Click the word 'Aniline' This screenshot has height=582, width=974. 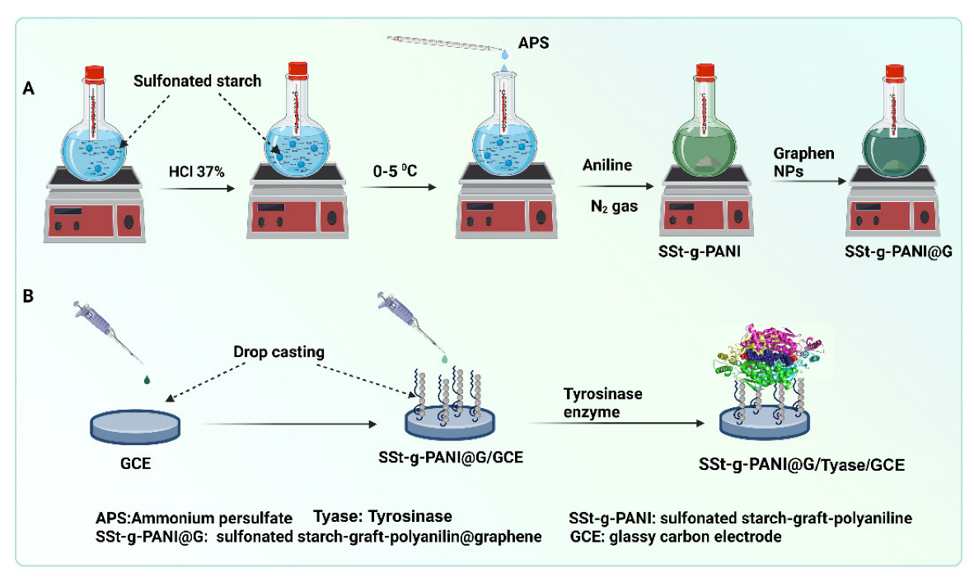point(606,166)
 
